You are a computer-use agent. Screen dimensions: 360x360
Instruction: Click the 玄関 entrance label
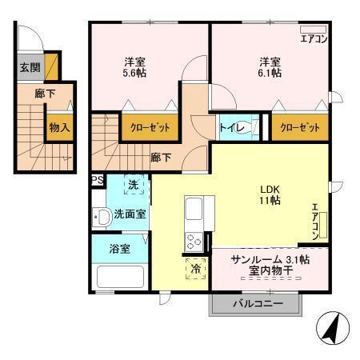(x=28, y=67)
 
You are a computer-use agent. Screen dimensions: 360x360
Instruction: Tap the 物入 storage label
(x=58, y=126)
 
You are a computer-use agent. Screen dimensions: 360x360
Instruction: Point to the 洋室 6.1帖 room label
(x=269, y=66)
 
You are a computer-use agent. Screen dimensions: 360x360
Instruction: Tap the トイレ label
(x=228, y=126)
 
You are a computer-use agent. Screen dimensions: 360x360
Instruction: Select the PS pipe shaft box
(x=97, y=180)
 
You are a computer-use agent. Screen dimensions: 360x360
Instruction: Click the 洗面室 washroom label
(x=129, y=214)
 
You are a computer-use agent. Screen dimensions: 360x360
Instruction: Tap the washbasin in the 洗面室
(x=102, y=217)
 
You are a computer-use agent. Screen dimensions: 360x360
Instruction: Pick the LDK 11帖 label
(x=269, y=194)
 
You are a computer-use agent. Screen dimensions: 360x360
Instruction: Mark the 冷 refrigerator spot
(x=194, y=270)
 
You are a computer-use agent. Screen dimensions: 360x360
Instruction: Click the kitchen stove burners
(x=194, y=238)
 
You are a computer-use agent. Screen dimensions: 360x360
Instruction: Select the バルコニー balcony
(x=256, y=303)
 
